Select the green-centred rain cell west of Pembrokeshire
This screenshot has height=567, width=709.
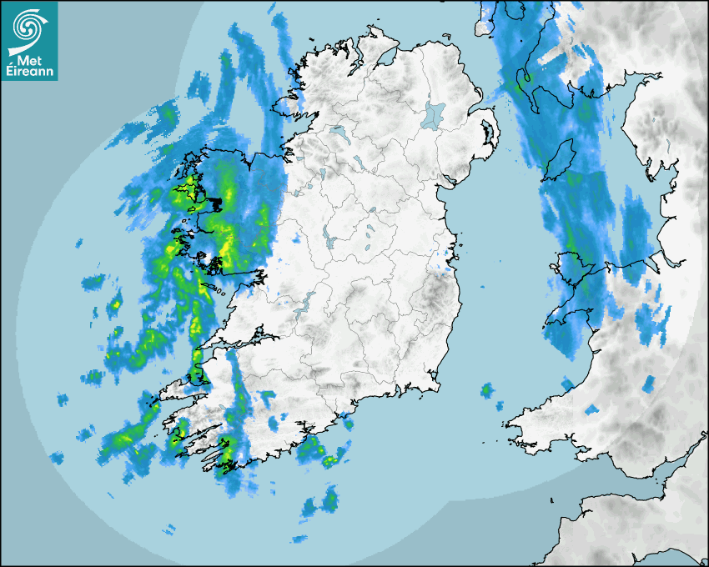tap(486, 389)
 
